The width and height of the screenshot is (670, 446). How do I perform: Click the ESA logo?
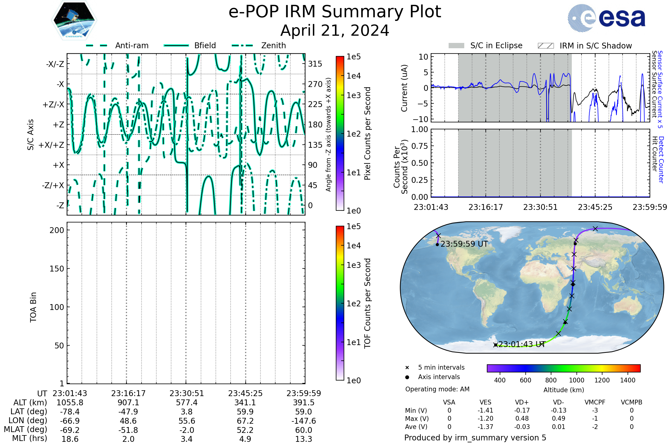(606, 18)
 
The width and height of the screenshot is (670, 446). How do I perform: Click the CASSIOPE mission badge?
(74, 20)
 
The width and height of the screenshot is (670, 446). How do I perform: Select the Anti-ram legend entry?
(117, 45)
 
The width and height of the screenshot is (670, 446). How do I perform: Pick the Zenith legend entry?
(259, 45)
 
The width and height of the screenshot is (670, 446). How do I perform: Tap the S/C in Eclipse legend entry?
(485, 45)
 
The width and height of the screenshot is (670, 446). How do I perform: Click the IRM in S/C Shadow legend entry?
(585, 45)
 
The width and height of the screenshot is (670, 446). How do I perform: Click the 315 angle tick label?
(315, 64)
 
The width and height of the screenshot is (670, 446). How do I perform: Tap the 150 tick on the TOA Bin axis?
(57, 269)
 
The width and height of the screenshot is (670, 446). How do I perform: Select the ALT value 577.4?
(186, 403)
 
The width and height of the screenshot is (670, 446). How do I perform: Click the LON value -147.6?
(304, 421)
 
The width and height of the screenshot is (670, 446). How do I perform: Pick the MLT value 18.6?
(70, 439)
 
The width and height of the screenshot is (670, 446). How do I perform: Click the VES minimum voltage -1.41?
(485, 410)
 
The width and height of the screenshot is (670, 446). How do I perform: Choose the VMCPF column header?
(595, 402)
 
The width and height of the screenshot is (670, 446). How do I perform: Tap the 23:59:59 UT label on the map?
(464, 244)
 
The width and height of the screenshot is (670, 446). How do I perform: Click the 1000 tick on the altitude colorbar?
(576, 380)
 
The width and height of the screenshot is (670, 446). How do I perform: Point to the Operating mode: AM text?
(437, 389)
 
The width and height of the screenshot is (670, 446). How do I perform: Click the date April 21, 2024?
(335, 30)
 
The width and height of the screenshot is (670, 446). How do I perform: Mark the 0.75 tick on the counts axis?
(420, 146)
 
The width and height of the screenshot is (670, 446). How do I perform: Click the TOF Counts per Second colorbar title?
(367, 303)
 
